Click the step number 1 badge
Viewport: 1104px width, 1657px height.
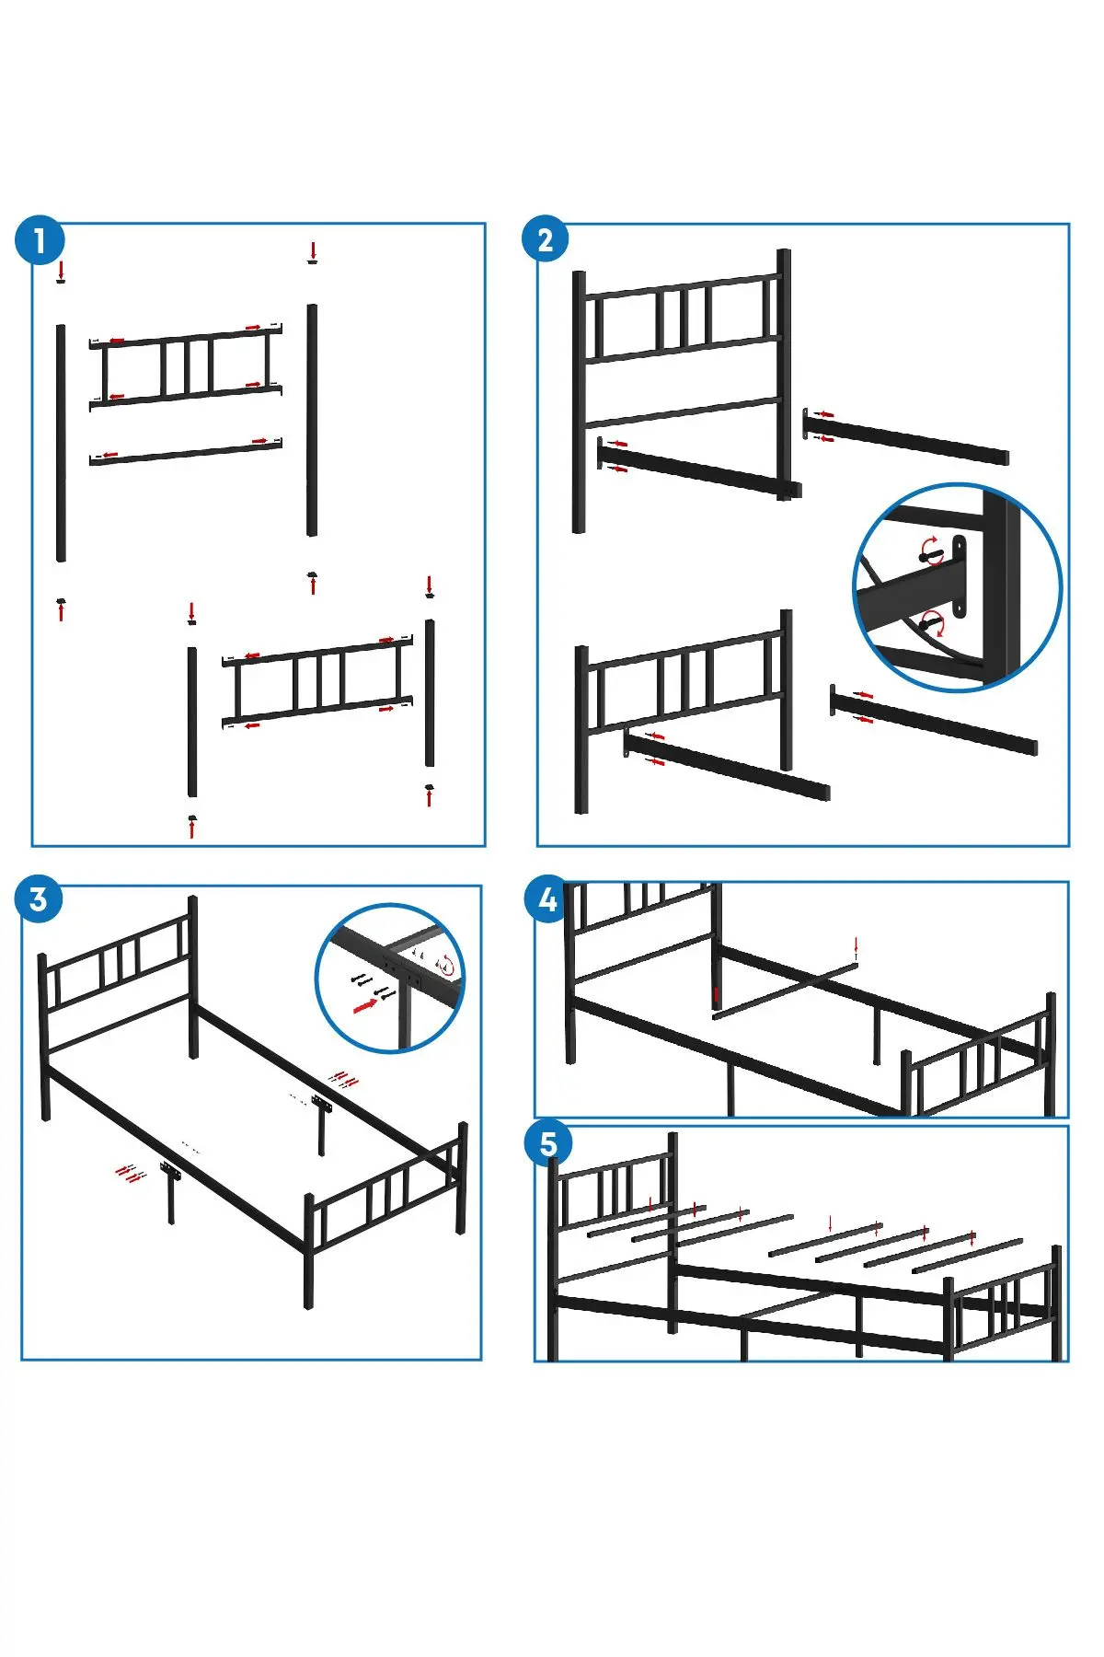(x=40, y=240)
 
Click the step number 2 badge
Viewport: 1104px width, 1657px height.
(x=545, y=239)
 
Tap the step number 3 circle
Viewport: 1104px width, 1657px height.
(x=39, y=899)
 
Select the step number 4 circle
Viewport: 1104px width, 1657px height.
(x=547, y=898)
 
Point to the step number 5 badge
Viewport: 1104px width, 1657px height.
(x=548, y=1144)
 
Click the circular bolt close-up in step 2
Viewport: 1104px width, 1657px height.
(x=958, y=586)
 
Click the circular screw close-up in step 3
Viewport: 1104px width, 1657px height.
(x=390, y=978)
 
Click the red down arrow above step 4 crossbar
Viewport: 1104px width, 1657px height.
(x=857, y=947)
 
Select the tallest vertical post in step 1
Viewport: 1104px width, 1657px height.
(x=61, y=442)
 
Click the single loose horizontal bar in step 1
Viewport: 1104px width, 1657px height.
(x=186, y=451)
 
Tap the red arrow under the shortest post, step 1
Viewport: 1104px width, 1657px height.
(x=429, y=797)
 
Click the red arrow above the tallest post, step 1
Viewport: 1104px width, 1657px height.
(x=62, y=270)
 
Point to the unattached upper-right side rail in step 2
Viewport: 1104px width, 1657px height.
(x=906, y=437)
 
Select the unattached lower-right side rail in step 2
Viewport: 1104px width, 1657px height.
(x=934, y=720)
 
